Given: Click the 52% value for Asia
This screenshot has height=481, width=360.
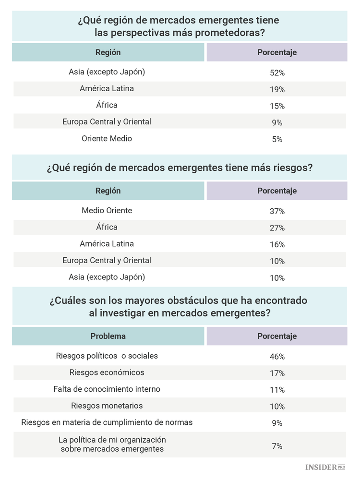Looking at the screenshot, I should [x=277, y=73].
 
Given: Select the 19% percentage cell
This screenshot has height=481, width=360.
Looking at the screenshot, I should [x=277, y=89].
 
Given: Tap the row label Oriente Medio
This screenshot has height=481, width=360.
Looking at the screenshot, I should [x=107, y=139].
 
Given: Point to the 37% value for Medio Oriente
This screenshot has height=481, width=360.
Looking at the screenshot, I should [x=277, y=211].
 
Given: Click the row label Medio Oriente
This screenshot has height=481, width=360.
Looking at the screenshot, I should [x=107, y=211].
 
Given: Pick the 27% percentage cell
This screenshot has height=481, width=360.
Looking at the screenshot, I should [x=277, y=228].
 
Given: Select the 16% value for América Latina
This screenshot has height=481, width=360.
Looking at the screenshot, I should [x=277, y=244].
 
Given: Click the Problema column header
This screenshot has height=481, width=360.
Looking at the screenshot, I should [x=108, y=336].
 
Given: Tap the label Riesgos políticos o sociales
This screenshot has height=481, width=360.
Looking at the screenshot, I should [x=107, y=356].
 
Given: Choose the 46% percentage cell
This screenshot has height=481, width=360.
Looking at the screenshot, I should [x=277, y=357].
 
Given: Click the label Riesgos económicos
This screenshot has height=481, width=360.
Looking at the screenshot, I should [x=107, y=373].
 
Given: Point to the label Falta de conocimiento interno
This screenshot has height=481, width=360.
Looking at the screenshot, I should [x=107, y=389].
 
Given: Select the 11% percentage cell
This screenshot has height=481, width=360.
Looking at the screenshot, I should [x=277, y=390].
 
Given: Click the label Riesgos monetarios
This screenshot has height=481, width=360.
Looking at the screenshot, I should [x=107, y=406].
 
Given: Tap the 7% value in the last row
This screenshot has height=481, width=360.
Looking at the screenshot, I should [x=277, y=446].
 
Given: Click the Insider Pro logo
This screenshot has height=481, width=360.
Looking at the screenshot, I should [x=325, y=467].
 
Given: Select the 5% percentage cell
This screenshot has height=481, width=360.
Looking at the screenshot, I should [x=277, y=139].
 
